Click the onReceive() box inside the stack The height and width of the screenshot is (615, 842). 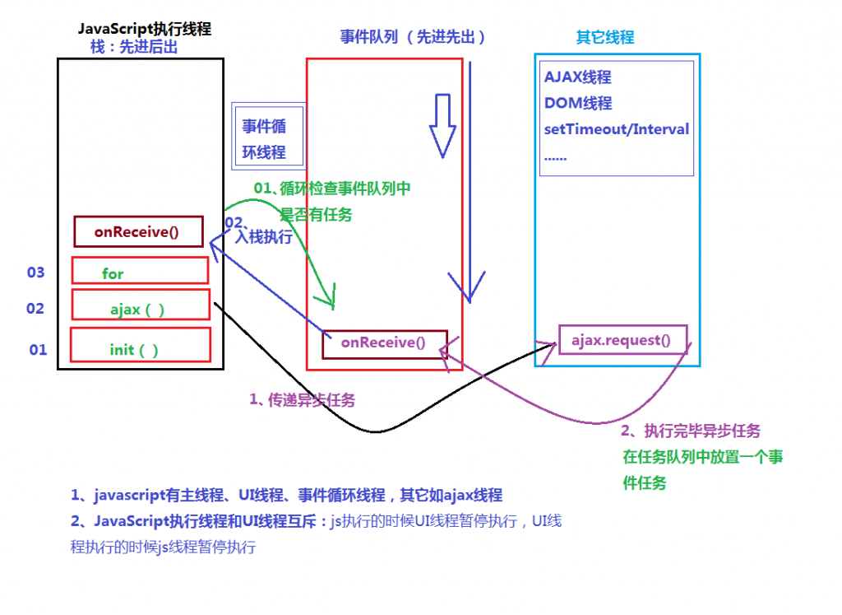(137, 231)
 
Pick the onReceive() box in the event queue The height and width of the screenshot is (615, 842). (384, 344)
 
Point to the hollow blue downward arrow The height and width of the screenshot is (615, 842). (442, 124)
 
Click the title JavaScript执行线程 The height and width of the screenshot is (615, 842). (145, 29)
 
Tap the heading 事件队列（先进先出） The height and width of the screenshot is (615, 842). (413, 37)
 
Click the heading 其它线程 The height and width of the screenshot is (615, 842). (605, 38)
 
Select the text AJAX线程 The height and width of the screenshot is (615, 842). (578, 77)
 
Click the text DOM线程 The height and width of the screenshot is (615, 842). (578, 104)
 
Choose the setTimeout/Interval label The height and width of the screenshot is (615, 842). (617, 129)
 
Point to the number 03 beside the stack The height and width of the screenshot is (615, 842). (36, 273)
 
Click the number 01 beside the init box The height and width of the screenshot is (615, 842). (39, 350)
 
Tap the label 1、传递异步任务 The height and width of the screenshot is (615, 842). (303, 399)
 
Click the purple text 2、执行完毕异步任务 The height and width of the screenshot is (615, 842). (691, 430)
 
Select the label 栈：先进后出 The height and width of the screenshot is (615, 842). (134, 48)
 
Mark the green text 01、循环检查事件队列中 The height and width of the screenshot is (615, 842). (331, 189)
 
